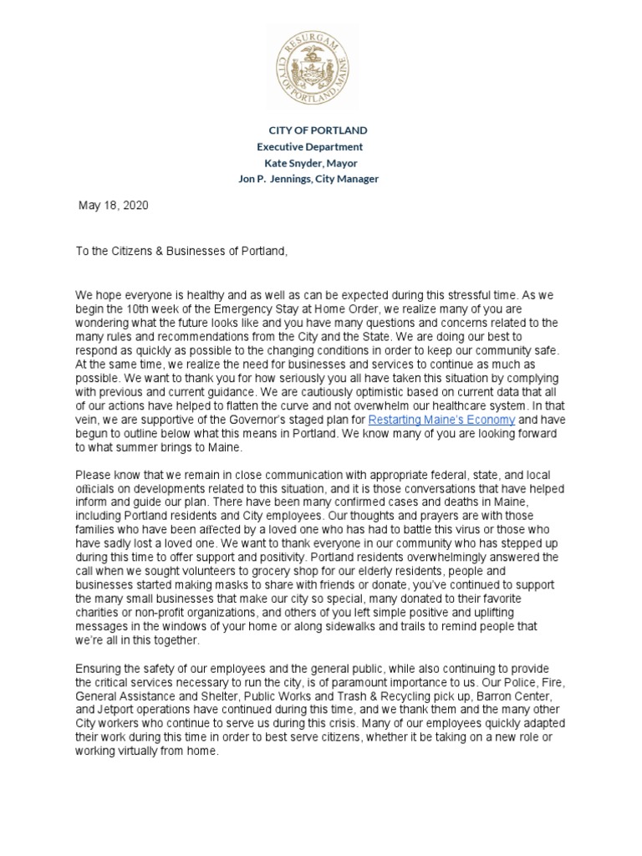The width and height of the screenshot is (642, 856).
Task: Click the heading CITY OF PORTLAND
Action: [317, 131]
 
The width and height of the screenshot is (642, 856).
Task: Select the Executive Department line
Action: [309, 147]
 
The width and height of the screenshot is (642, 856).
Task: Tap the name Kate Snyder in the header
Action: [293, 163]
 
